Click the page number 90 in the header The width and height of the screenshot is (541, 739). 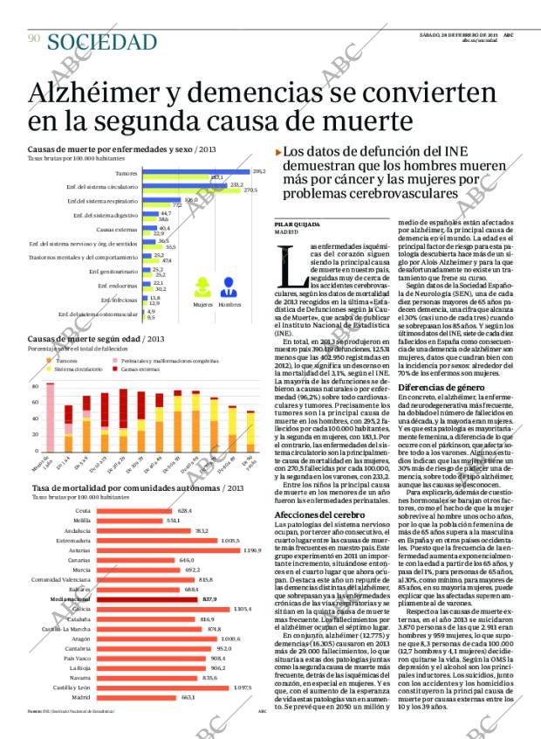click(x=33, y=38)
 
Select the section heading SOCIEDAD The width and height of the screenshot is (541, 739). click(x=102, y=41)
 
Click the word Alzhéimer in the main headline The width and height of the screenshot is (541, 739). click(x=97, y=93)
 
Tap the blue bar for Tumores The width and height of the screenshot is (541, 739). click(x=196, y=171)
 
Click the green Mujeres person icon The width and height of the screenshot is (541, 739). click(x=202, y=287)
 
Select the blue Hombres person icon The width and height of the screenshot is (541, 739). click(x=229, y=287)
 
